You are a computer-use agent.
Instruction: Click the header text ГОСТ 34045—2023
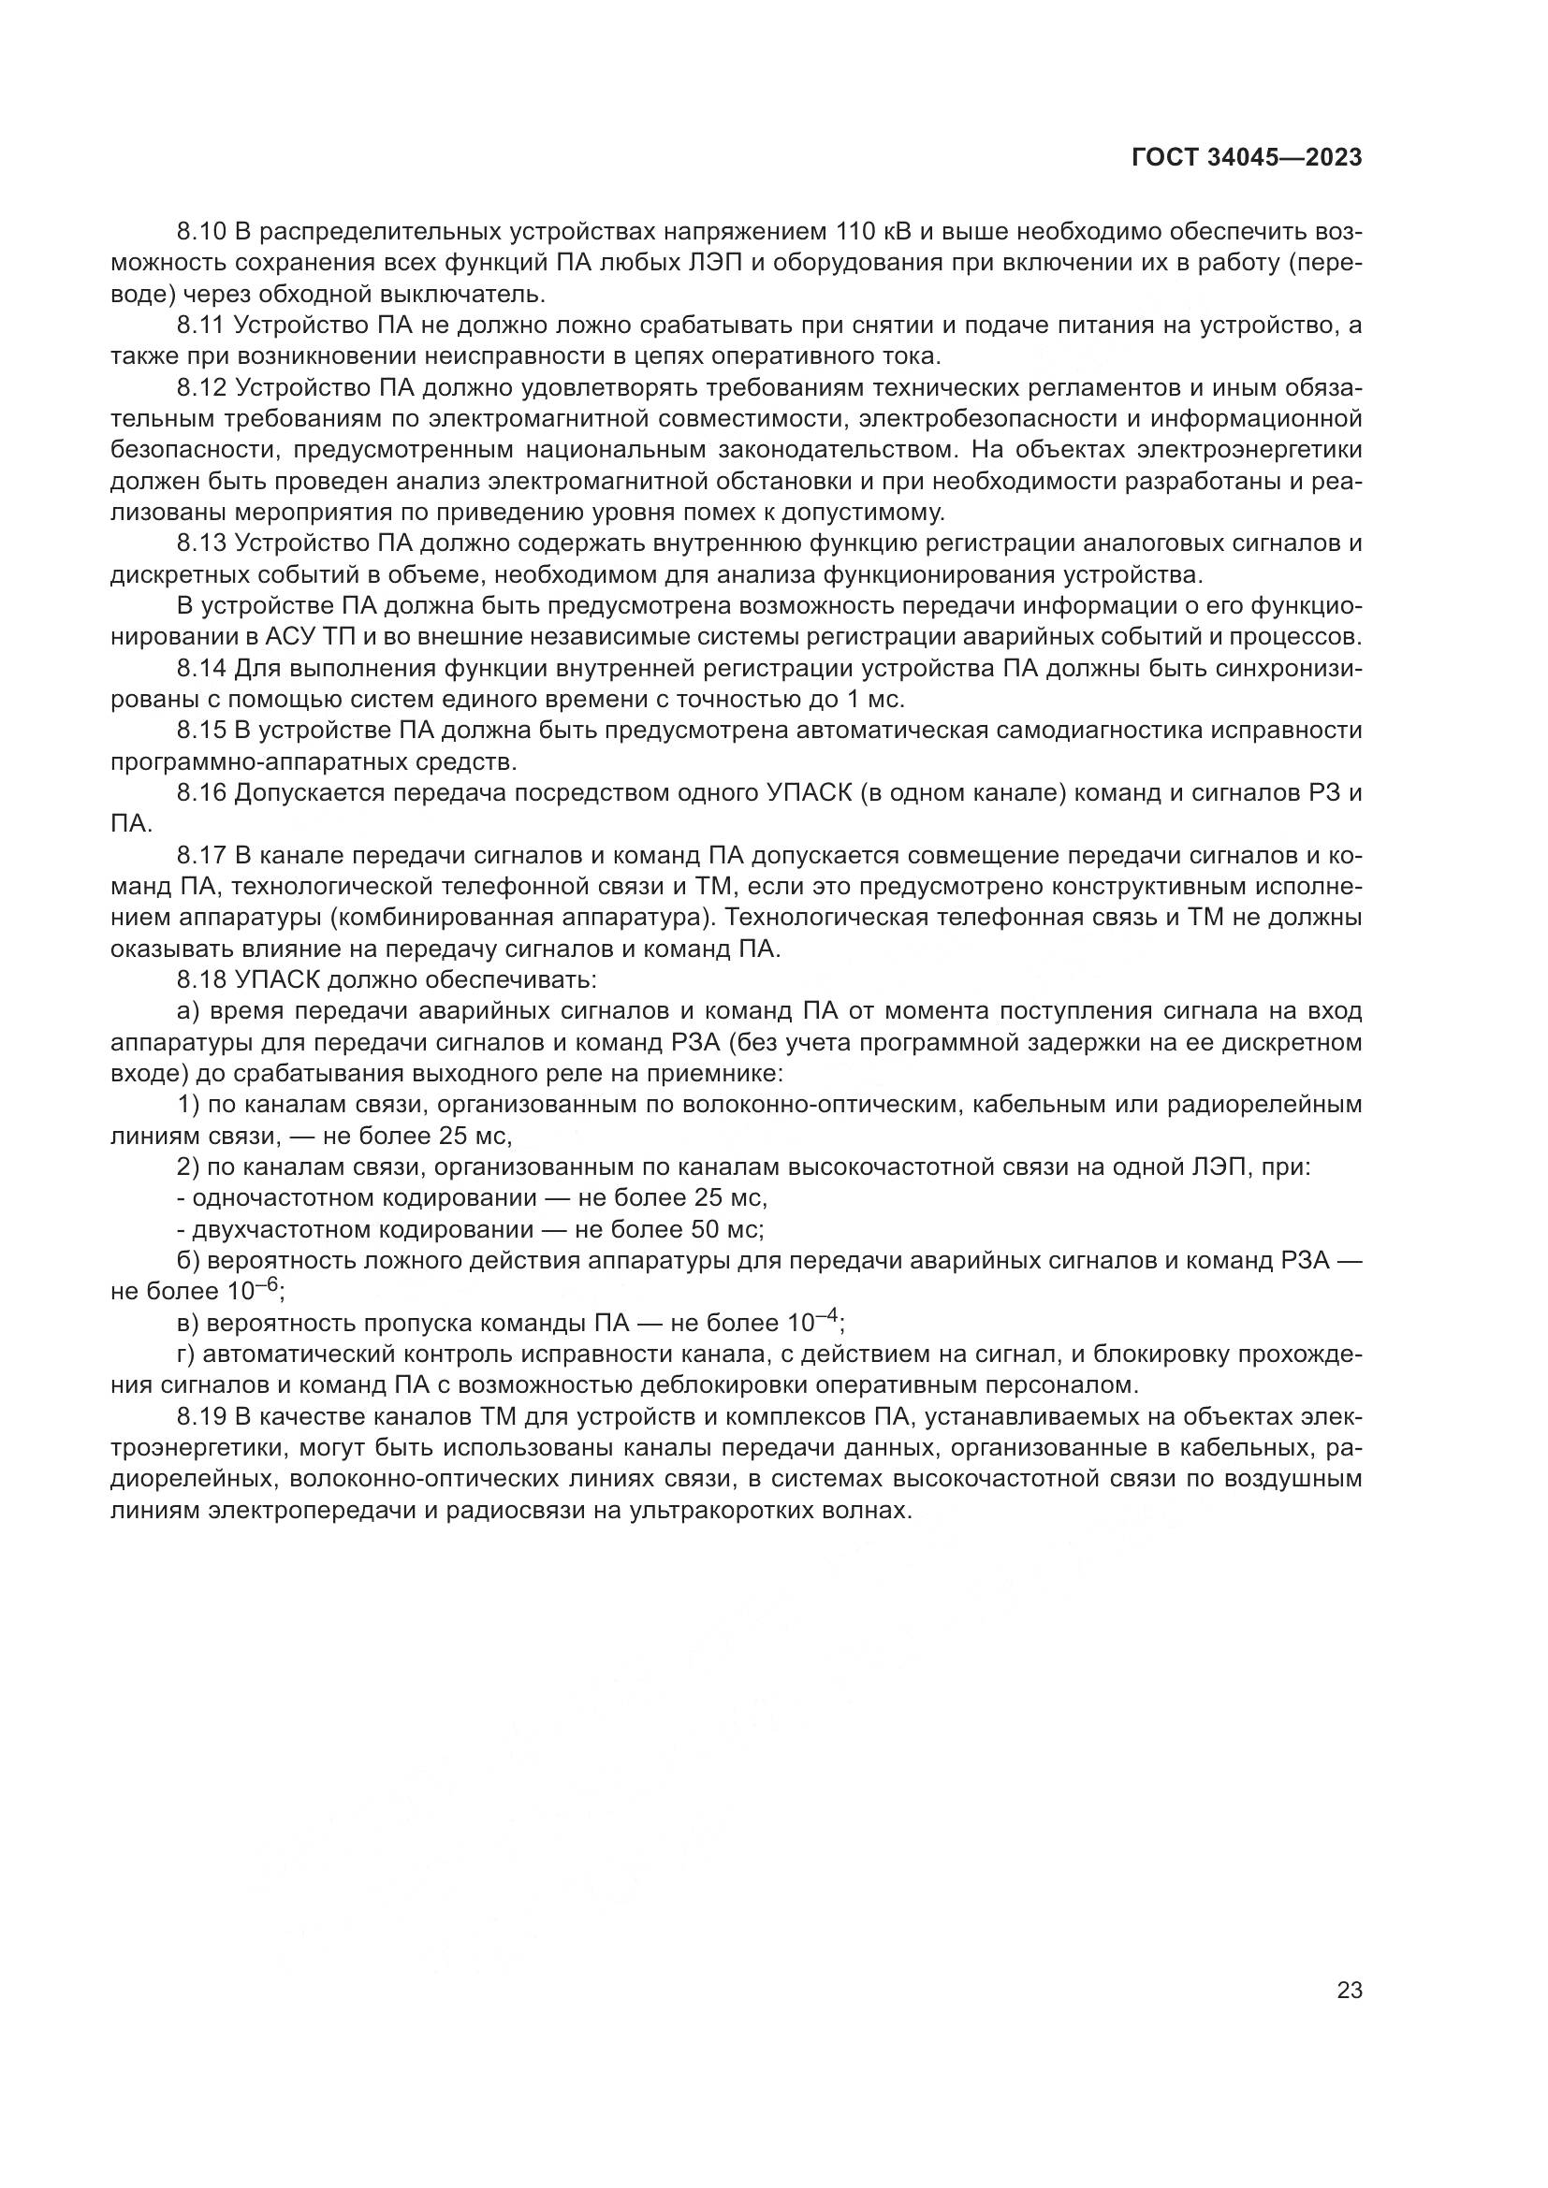coord(1246,158)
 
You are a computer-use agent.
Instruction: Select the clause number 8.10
coord(199,233)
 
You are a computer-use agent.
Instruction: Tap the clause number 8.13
coord(199,543)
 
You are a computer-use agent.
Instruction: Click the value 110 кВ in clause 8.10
coord(872,233)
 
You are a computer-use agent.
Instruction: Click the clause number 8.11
coord(199,326)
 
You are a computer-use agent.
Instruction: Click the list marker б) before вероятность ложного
coord(187,1260)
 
